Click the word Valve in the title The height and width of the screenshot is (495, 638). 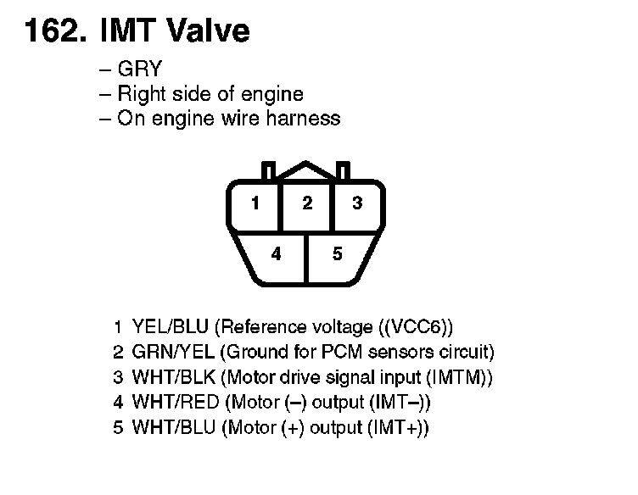tap(210, 31)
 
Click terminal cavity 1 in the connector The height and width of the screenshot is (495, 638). tap(255, 203)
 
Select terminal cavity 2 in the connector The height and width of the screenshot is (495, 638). tap(307, 203)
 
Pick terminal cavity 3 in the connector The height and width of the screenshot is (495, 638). tap(357, 203)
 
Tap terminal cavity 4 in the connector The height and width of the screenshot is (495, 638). tap(277, 253)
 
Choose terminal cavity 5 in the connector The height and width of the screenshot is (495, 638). tap(337, 253)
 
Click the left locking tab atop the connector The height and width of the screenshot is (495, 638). tap(269, 170)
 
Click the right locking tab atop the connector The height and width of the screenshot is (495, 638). tap(343, 170)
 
